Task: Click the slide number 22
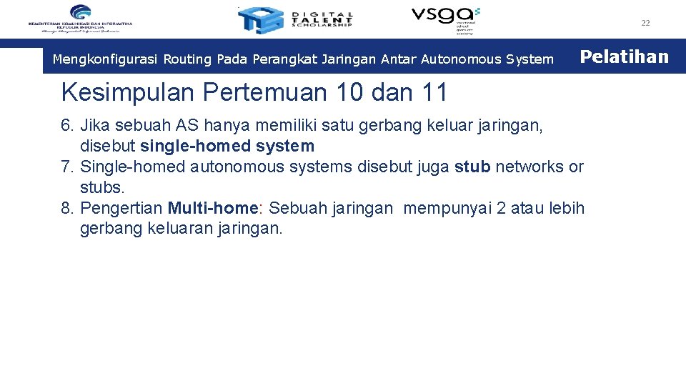click(x=645, y=23)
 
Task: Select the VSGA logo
click(x=445, y=18)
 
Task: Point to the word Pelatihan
click(x=624, y=56)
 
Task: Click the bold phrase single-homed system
click(x=227, y=147)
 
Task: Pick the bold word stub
click(x=472, y=167)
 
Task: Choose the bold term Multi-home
click(x=212, y=209)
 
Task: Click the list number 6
click(x=68, y=126)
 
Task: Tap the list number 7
click(x=68, y=167)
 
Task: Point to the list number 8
click(x=68, y=209)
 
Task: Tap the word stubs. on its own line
click(x=102, y=188)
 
